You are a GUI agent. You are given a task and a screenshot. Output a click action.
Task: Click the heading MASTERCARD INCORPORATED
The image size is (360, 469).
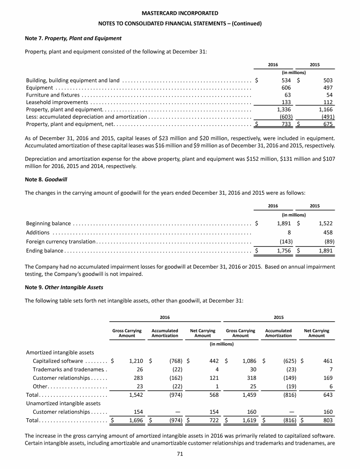180,12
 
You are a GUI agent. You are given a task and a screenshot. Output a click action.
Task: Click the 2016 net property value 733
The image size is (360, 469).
286,124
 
